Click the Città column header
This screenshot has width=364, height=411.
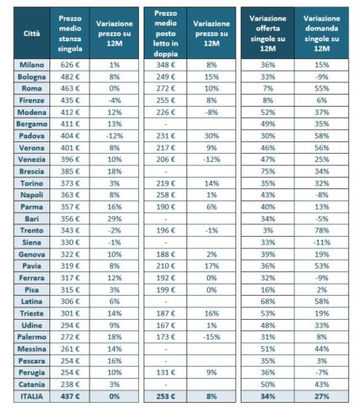[x=31, y=34]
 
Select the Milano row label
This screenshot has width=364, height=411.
[x=32, y=65]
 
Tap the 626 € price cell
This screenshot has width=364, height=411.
[x=70, y=65]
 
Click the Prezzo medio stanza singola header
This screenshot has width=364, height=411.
[x=70, y=34]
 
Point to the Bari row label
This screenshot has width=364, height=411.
[x=32, y=219]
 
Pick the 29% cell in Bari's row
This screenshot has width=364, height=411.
[x=114, y=219]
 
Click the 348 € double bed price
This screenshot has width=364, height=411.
[x=165, y=65]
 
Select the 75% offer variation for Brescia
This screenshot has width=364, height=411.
[x=268, y=171]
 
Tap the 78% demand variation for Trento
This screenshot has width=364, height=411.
[x=321, y=230]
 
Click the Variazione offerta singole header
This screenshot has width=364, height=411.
[x=268, y=34]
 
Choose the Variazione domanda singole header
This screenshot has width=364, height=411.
[x=321, y=34]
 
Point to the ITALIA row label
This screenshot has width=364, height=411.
[x=32, y=396]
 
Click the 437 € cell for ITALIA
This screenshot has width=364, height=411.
[x=70, y=396]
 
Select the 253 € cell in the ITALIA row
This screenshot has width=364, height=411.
[x=165, y=396]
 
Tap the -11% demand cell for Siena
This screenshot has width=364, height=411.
[x=321, y=242]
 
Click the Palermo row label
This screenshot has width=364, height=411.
[x=32, y=337]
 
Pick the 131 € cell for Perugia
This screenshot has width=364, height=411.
[x=165, y=372]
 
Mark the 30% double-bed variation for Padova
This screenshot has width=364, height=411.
[x=211, y=136]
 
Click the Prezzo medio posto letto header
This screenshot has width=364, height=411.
[x=165, y=34]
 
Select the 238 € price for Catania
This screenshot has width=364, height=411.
[x=70, y=384]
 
